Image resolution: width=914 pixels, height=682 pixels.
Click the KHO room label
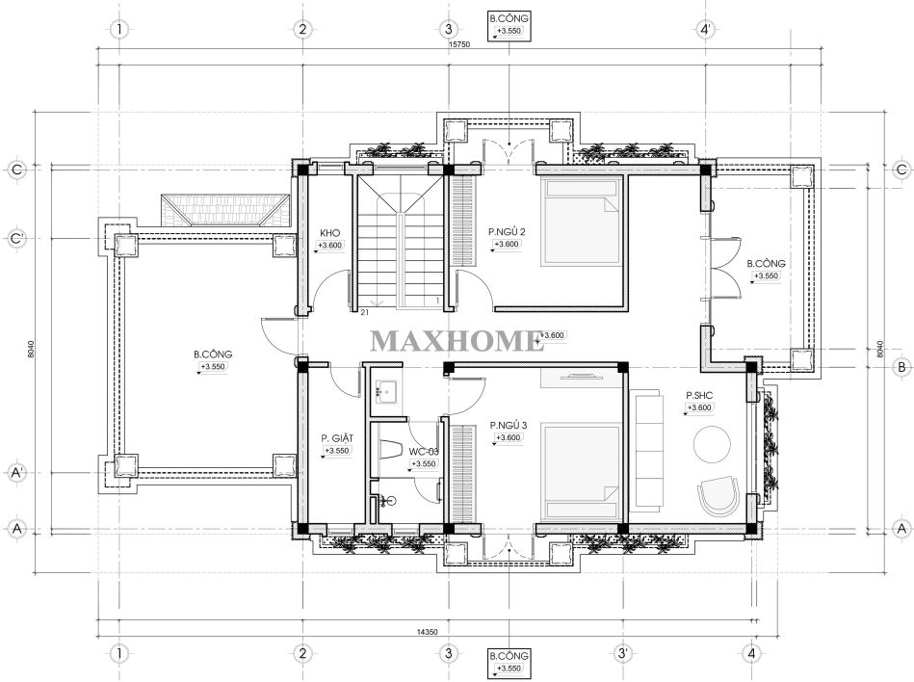tap(329, 233)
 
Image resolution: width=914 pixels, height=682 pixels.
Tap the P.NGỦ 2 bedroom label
tap(507, 232)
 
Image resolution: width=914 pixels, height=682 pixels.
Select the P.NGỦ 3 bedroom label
tap(509, 426)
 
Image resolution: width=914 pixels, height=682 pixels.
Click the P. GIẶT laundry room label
tap(337, 437)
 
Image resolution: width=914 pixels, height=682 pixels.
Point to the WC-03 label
tap(424, 452)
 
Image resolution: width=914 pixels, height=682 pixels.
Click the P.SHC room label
tap(699, 396)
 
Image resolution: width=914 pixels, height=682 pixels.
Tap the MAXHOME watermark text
tap(457, 341)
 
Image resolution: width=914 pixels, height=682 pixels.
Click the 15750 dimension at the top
tap(458, 43)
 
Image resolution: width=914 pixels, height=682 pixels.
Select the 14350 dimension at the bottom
tap(428, 631)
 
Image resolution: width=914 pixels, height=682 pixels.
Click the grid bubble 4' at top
tap(706, 29)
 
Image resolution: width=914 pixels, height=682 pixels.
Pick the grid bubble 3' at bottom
tap(623, 653)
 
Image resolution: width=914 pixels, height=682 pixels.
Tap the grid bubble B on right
tap(901, 367)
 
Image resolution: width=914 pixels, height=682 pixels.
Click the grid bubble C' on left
tap(17, 238)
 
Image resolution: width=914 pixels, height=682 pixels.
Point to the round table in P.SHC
tap(712, 445)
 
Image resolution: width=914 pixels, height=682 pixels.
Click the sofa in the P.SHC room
tap(647, 451)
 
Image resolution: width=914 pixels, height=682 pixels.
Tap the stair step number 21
tap(364, 312)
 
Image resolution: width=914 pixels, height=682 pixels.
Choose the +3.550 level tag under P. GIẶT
tap(337, 451)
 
